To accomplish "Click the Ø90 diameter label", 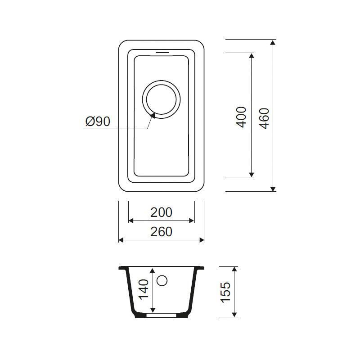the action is tap(98, 121).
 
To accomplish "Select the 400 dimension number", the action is tap(241, 117).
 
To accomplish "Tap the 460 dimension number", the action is tap(264, 118).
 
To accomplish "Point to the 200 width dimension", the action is tap(161, 212).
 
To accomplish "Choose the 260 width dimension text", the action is tap(161, 232).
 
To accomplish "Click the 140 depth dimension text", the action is tap(144, 289).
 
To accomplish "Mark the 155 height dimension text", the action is tap(225, 292).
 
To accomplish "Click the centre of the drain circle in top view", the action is tap(161, 99).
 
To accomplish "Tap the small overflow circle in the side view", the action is tap(162, 280).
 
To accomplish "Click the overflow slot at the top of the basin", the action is tap(162, 52).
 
